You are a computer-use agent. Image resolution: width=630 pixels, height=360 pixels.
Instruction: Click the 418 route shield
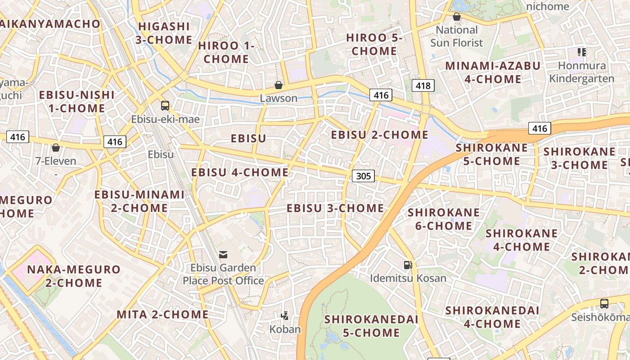click(x=423, y=85)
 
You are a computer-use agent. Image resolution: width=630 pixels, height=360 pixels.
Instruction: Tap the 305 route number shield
click(x=363, y=176)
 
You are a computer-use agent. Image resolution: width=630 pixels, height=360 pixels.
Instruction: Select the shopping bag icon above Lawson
click(x=279, y=85)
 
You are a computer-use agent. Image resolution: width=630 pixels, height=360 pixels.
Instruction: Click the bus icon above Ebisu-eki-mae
click(x=165, y=106)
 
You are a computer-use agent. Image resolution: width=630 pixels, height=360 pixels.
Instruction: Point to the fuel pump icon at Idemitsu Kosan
click(x=408, y=265)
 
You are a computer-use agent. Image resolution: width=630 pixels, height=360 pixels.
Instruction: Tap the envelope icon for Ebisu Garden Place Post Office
click(x=223, y=255)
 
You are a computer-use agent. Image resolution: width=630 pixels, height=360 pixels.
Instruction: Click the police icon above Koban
click(x=284, y=316)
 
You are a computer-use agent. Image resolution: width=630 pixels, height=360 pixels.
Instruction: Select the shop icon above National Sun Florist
click(x=457, y=17)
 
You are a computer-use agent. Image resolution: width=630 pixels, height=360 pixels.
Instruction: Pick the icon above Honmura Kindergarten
click(x=581, y=52)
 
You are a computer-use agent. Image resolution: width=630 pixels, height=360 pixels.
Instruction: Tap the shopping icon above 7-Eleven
click(x=56, y=148)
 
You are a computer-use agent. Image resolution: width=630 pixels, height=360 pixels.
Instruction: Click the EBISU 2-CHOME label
click(x=380, y=135)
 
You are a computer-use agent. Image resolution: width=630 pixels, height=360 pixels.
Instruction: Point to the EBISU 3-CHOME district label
click(x=335, y=208)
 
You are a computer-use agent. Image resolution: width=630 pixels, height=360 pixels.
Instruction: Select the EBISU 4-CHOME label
click(x=240, y=172)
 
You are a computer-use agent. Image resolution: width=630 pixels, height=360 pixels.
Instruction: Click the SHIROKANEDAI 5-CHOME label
click(x=371, y=326)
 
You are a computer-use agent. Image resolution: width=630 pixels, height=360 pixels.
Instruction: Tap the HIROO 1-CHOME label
click(x=226, y=52)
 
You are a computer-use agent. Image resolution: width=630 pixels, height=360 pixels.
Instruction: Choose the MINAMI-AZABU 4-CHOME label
click(x=492, y=72)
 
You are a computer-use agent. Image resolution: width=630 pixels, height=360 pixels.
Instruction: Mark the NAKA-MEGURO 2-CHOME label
click(x=74, y=276)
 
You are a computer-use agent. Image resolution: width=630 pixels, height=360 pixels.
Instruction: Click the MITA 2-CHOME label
click(x=162, y=314)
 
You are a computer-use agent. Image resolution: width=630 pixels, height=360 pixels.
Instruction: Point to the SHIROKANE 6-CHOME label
click(x=444, y=219)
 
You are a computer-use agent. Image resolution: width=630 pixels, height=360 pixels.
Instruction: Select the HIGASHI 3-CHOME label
click(x=164, y=33)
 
